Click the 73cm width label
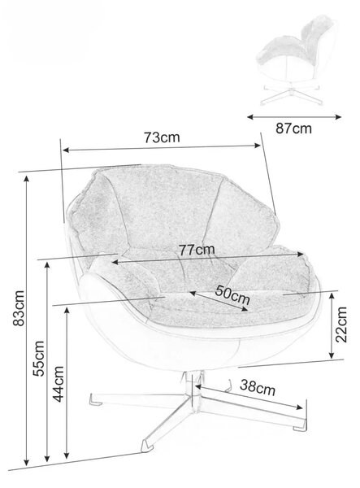click(162, 137)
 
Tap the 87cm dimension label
click(293, 129)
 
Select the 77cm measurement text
click(197, 250)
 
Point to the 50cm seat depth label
click(232, 294)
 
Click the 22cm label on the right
click(341, 325)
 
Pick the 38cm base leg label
click(258, 387)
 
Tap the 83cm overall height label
click(19, 307)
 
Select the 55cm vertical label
click(39, 359)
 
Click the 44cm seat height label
click(59, 384)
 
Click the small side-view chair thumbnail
click(295, 59)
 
